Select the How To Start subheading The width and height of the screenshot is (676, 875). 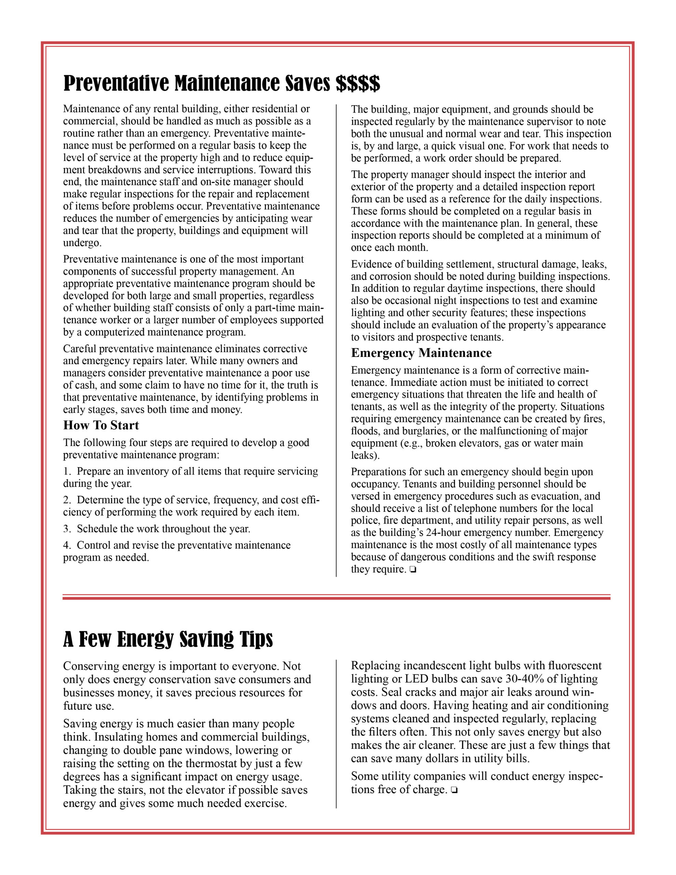(x=101, y=425)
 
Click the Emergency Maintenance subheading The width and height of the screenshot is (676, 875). (x=421, y=353)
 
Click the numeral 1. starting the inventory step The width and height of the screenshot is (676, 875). (x=67, y=471)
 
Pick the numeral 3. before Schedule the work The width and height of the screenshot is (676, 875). (x=67, y=529)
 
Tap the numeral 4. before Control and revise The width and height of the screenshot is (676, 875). (x=67, y=545)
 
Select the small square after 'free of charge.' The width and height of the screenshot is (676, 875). (x=454, y=791)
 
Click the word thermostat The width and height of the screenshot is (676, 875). (x=218, y=764)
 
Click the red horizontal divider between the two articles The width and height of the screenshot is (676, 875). (x=336, y=597)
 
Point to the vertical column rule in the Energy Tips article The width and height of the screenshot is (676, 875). (x=336, y=733)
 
